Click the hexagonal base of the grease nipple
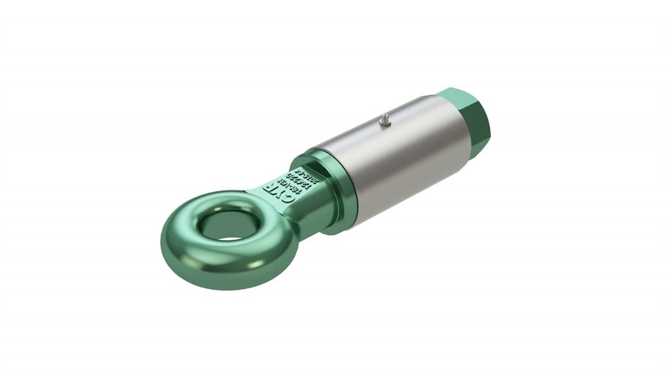(384, 124)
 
